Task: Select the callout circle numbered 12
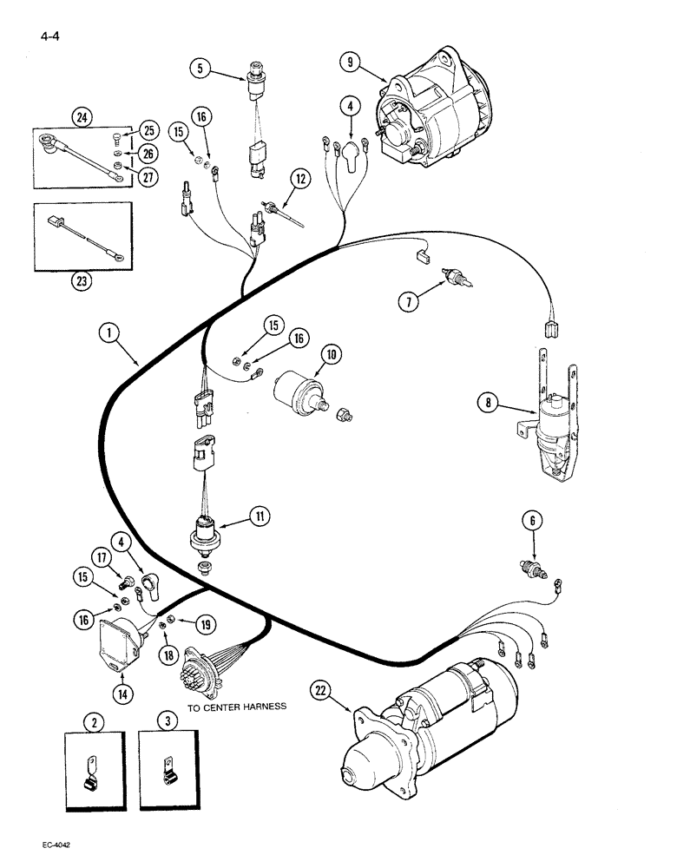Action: [x=300, y=181]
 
